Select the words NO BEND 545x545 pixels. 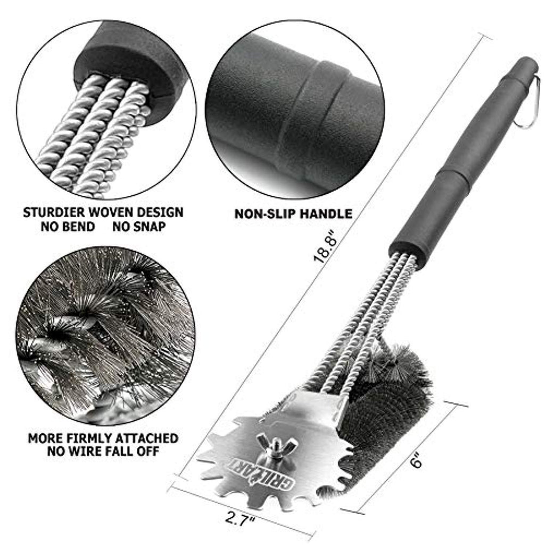[x=68, y=227]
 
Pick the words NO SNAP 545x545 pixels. [x=139, y=227]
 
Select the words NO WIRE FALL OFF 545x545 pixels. [x=103, y=451]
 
